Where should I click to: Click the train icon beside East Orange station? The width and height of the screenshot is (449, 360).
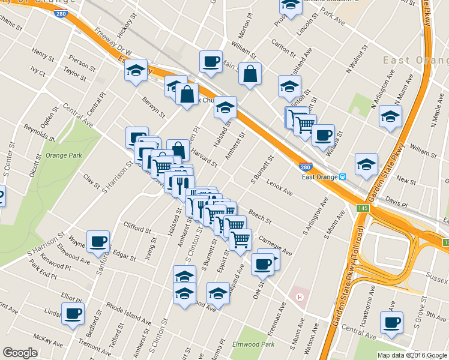[341, 177]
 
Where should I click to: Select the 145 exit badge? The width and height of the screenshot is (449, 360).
[363, 208]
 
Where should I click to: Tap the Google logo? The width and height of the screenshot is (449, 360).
[20, 353]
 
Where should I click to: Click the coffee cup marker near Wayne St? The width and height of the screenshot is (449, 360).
[98, 242]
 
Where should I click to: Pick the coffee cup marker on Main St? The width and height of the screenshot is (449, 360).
[211, 61]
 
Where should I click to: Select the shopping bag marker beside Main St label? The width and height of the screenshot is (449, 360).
[250, 74]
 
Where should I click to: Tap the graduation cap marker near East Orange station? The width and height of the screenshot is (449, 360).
[366, 164]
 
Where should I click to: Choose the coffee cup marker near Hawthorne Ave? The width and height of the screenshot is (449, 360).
[393, 322]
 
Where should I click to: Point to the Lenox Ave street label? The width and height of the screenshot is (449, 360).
[280, 188]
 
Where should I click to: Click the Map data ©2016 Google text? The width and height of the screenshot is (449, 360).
[412, 355]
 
